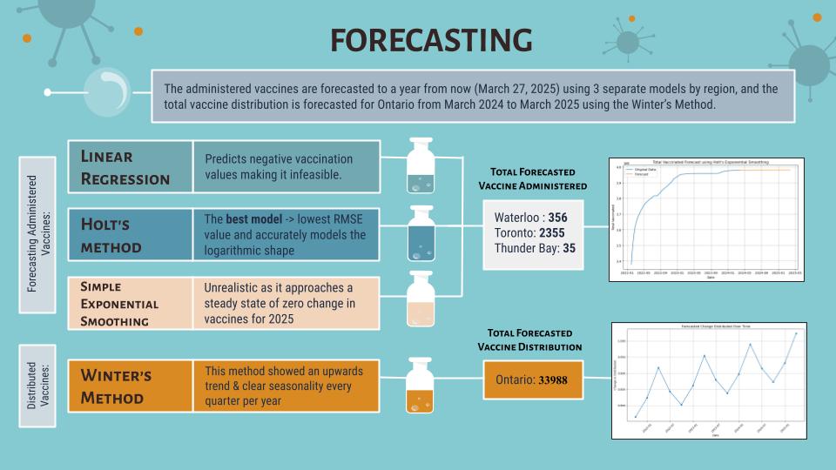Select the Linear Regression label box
130,166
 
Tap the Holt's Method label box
130,235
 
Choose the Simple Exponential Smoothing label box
130,303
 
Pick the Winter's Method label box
130,386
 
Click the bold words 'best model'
252,218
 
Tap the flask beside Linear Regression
421,168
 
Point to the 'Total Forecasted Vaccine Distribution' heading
530,340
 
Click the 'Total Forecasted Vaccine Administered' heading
533,178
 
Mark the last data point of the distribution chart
795,332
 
